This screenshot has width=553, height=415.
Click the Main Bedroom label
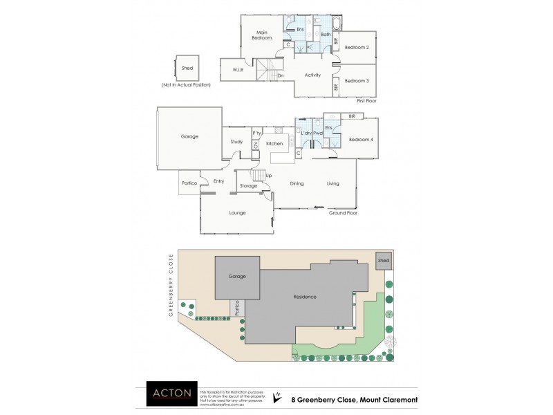262,35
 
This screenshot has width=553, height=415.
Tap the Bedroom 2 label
357,47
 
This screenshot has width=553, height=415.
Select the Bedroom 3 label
357,81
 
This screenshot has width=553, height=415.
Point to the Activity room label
312,75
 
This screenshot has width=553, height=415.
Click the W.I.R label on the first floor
236,70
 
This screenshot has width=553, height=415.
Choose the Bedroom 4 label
361,140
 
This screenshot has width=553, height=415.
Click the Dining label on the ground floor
297,183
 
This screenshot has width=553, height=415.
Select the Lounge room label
238,212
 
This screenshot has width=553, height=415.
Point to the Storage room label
249,186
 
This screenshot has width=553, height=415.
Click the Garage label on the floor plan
189,136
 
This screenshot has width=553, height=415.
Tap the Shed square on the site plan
384,261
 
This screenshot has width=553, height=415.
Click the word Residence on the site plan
304,297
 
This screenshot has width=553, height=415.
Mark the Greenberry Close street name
170,284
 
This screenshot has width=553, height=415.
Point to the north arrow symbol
277,396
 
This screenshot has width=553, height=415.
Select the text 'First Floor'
366,101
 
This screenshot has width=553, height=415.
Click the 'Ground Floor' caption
343,213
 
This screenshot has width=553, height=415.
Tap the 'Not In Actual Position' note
186,84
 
